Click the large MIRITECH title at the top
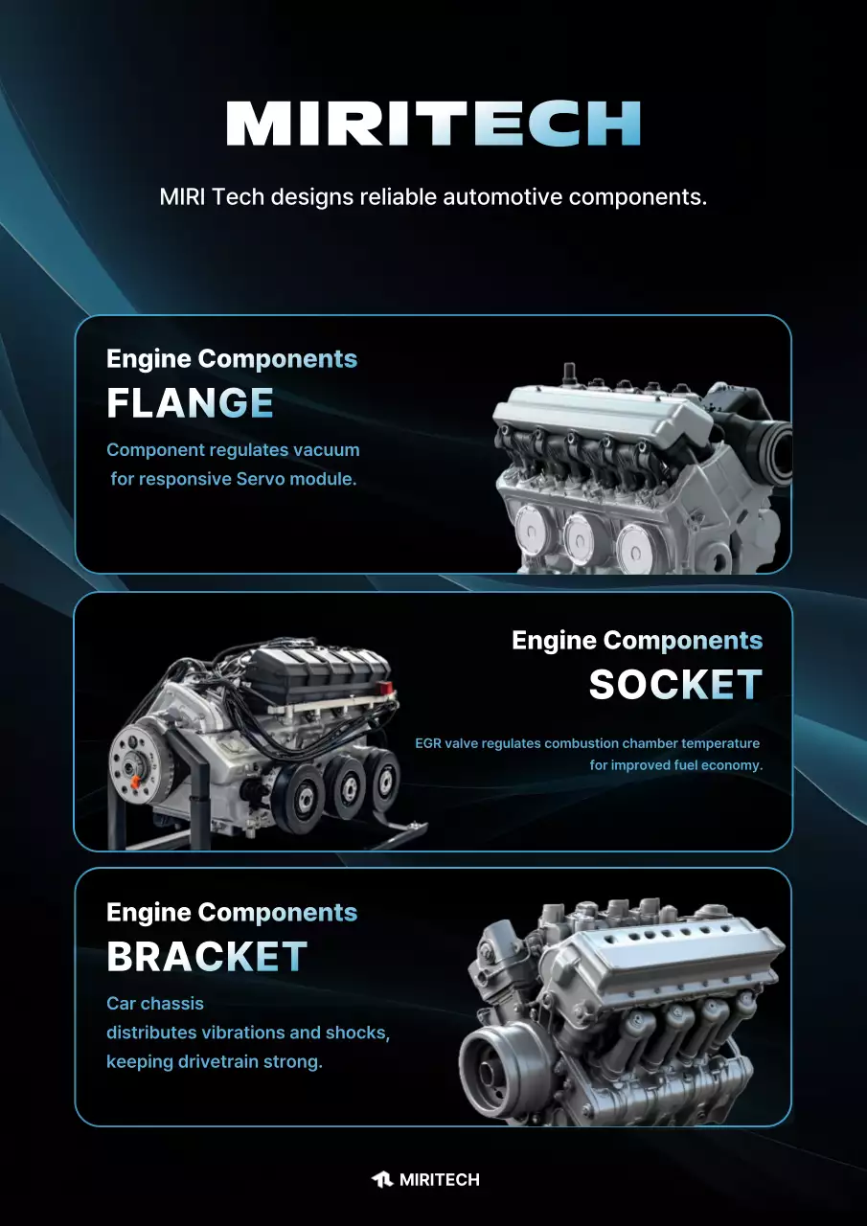point(433,124)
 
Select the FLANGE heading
point(190,403)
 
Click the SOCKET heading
point(675,684)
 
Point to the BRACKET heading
point(207,957)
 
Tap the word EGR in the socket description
point(427,743)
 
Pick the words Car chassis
point(148,1003)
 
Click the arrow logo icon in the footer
point(382,1179)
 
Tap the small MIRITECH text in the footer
point(440,1179)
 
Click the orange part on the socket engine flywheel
point(135,783)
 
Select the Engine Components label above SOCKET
point(637,641)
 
